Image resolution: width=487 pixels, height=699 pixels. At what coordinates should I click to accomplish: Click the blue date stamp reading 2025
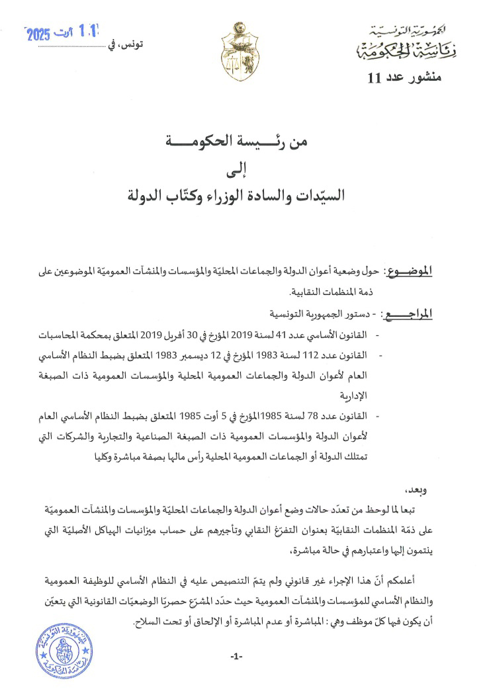(x=61, y=33)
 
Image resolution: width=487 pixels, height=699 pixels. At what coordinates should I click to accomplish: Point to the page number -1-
(x=236, y=656)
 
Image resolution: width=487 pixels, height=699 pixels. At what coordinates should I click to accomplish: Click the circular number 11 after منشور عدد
(x=374, y=79)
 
